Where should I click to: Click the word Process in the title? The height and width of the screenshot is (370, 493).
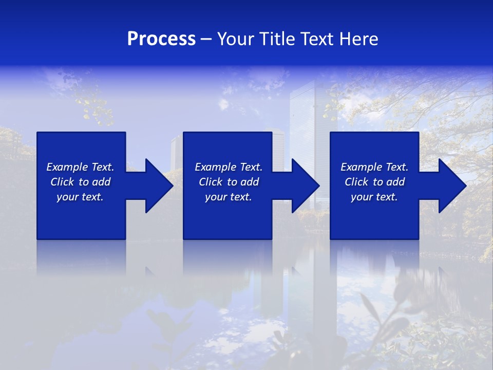coord(161,39)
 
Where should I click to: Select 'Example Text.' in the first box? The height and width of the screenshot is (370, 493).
coord(80,167)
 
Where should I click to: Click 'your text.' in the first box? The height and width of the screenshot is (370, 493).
coord(80,197)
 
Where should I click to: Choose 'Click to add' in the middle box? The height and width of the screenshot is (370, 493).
coord(229,182)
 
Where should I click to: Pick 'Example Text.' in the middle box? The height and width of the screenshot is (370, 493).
coord(229,167)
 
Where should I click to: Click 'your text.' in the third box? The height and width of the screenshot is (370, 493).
coord(374,197)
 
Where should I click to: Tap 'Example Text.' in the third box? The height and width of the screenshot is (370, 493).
coord(374,167)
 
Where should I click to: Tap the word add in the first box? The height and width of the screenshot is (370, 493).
coord(101,182)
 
